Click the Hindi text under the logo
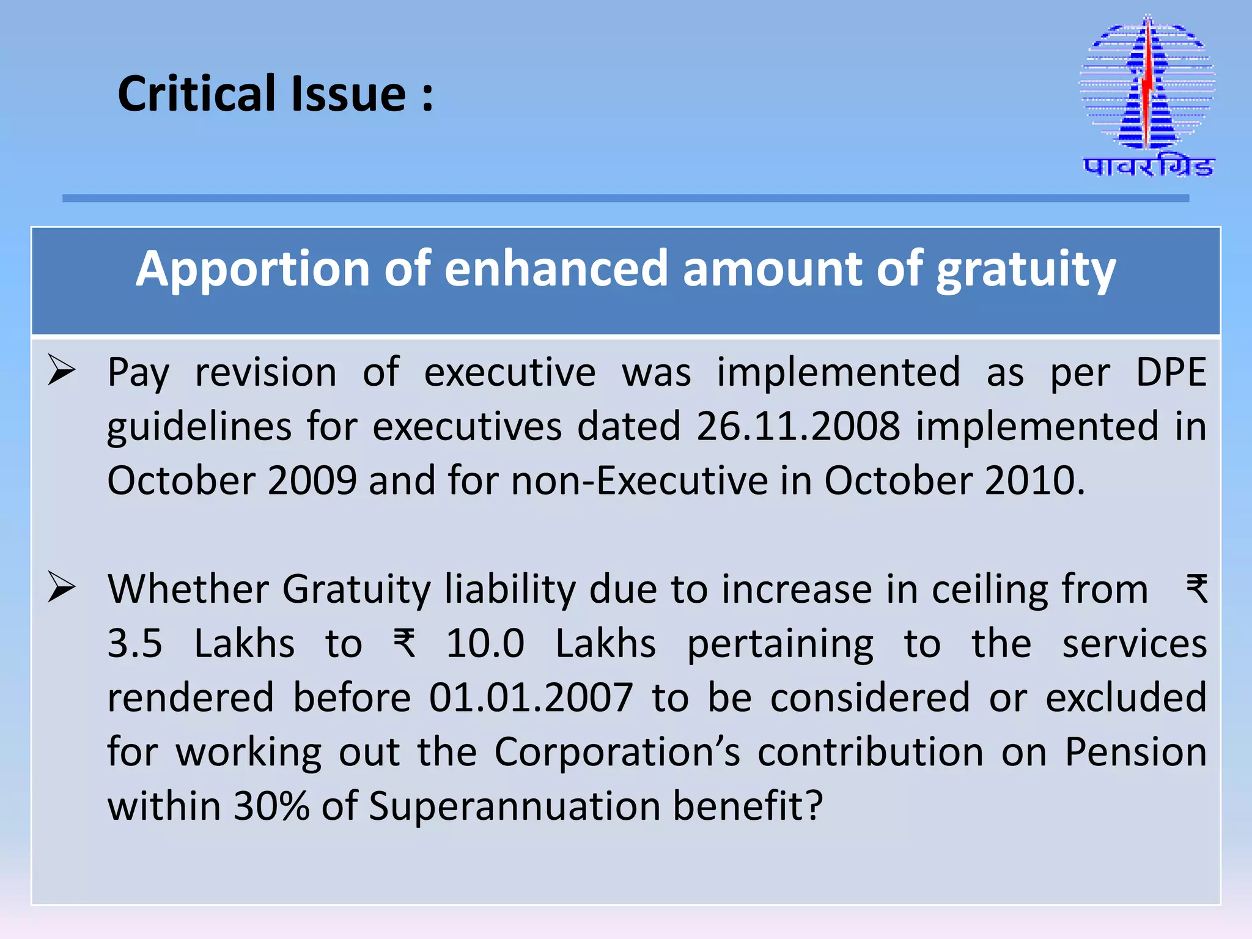[1148, 167]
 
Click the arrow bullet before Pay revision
[62, 370]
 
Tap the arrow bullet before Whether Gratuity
[62, 587]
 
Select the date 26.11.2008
[798, 426]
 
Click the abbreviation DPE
[1171, 372]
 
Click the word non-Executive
[639, 481]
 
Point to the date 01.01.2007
[531, 698]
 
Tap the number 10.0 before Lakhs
[485, 644]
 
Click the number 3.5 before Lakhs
[135, 644]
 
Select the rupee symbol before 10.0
[405, 644]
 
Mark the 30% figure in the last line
[271, 806]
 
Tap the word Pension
[1135, 752]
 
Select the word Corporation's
[617, 752]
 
